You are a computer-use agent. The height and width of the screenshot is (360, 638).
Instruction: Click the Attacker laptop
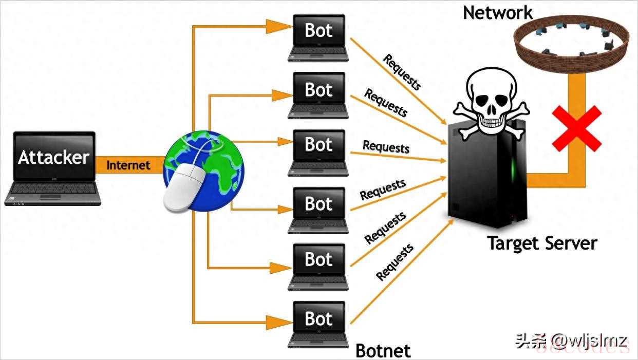click(53, 168)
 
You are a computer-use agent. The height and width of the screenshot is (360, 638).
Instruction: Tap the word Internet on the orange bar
click(128, 165)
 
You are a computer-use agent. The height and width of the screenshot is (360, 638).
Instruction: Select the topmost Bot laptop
click(318, 38)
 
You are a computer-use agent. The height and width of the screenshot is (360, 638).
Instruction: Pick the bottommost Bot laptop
click(318, 325)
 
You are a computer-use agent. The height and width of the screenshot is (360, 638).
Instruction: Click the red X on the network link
click(577, 128)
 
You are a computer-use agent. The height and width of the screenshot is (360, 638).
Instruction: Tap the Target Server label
click(542, 243)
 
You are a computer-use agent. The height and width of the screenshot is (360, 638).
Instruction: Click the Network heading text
click(498, 13)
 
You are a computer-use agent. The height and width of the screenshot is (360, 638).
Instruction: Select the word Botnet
click(383, 351)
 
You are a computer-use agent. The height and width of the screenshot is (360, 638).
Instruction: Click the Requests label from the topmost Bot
click(402, 72)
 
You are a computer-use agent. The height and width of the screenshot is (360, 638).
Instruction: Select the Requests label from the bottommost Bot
click(395, 262)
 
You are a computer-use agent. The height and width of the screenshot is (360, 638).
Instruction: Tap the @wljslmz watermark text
click(589, 341)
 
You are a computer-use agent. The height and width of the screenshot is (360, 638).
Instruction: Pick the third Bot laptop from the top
click(318, 153)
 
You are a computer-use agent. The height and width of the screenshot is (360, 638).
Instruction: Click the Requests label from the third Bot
click(386, 147)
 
